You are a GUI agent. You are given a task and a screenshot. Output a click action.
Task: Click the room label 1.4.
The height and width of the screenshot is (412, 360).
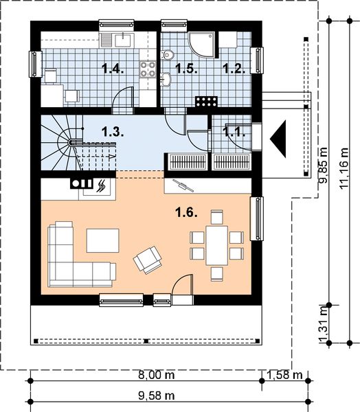(113, 69)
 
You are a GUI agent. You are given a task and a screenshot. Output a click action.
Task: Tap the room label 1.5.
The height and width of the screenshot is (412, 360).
(186, 69)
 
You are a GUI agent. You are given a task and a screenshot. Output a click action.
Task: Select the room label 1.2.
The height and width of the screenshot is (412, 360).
(234, 69)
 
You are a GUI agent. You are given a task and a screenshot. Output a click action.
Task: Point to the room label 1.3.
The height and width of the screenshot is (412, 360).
(113, 132)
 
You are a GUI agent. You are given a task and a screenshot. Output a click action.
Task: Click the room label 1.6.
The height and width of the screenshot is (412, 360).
(186, 212)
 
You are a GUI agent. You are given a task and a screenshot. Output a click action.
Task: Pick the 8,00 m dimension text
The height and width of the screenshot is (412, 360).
(157, 375)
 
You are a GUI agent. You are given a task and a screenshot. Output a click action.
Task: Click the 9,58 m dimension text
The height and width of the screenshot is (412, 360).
(157, 396)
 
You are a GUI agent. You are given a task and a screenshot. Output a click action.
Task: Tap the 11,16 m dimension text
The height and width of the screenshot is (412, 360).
(344, 168)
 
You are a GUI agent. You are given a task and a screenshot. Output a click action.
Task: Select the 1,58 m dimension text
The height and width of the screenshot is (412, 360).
(284, 375)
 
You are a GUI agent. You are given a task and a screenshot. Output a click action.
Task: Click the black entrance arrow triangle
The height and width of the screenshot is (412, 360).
(278, 139)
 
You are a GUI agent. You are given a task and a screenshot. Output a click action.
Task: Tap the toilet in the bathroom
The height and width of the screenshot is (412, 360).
(167, 55)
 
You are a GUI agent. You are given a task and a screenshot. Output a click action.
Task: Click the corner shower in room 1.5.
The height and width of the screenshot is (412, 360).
(202, 45)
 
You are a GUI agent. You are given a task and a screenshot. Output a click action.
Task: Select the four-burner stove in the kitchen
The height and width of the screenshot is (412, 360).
(148, 69)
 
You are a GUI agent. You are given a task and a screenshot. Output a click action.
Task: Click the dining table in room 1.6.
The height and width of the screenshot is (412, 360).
(217, 245)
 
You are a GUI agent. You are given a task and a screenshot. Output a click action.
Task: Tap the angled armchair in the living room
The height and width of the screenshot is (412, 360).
(148, 260)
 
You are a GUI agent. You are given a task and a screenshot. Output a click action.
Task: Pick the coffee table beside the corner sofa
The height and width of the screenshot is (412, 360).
(103, 240)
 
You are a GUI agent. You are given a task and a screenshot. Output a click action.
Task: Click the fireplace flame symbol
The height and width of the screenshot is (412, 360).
(101, 186)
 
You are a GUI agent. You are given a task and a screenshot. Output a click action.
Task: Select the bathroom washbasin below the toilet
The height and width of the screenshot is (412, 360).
(166, 79)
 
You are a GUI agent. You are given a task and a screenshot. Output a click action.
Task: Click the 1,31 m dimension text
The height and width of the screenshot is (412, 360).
(324, 325)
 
